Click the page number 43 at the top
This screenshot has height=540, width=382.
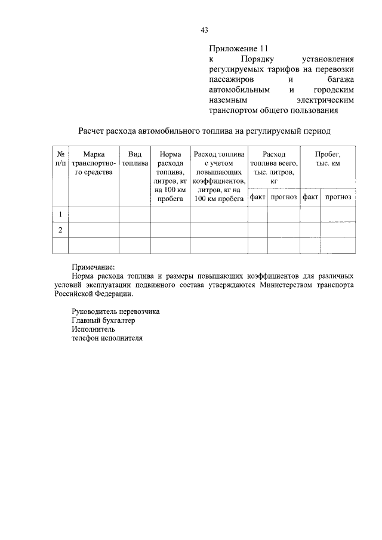coord(204,30)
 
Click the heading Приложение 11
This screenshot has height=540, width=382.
coord(235,48)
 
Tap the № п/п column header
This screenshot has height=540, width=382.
coord(60,158)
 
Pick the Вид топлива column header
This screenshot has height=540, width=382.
coord(135,158)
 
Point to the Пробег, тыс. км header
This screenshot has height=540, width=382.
coord(328,158)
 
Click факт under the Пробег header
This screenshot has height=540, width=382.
coord(310,197)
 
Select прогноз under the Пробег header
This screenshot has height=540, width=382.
coord(338,197)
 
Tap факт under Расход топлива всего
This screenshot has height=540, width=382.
coord(257,197)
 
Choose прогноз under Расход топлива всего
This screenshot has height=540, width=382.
coord(283,197)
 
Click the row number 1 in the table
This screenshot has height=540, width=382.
coord(60,214)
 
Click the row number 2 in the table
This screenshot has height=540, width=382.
coord(60,230)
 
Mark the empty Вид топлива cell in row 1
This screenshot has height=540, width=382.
coord(135,214)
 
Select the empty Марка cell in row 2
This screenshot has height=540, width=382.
coord(94,230)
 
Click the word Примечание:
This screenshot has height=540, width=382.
coord(93,267)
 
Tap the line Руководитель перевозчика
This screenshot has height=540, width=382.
coord(115,311)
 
